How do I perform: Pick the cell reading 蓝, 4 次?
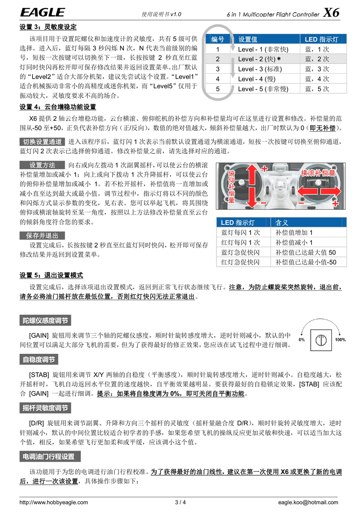click(x=317, y=79)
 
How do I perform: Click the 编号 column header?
click(x=217, y=39)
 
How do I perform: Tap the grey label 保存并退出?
click(x=42, y=236)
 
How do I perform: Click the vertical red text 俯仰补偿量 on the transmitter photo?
click(x=232, y=186)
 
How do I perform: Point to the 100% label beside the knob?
click(x=340, y=340)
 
